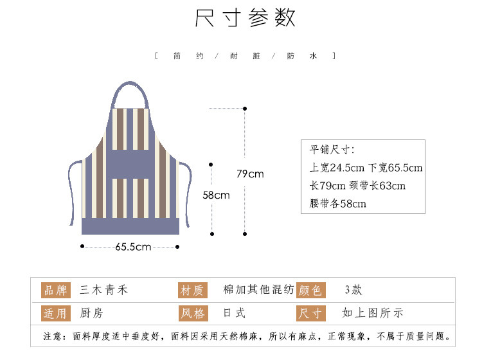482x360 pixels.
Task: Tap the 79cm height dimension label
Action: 250,174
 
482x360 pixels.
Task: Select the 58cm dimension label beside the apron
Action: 216,195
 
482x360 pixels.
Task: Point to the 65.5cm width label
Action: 133,247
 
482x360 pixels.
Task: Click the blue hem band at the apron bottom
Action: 130,226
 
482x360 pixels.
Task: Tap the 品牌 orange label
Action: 55,290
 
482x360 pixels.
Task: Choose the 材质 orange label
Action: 192,291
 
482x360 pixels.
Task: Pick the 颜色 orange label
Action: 311,291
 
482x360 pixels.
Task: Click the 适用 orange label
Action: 55,314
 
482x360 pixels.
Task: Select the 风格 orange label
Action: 192,314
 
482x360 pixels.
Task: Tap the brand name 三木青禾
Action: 104,290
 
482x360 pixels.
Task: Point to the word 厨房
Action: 91,314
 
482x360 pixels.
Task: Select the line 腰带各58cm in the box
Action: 338,204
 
